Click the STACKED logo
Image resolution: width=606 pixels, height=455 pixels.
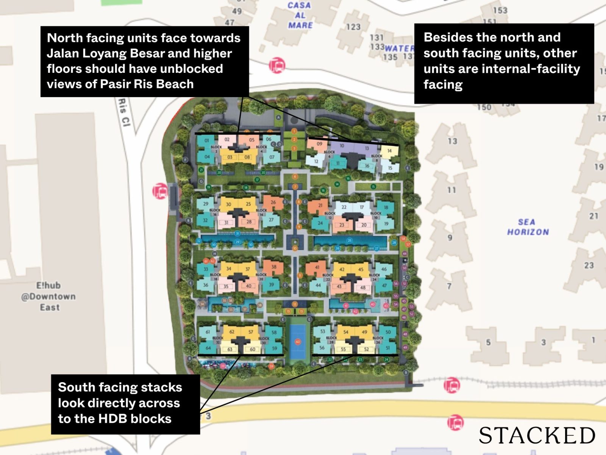pos(537,435)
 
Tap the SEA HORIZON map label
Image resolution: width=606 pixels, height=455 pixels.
pos(528,227)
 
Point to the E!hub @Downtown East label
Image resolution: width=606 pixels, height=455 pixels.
pos(48,296)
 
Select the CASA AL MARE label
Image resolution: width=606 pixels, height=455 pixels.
pos(300,16)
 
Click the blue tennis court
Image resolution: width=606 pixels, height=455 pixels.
pos(298,341)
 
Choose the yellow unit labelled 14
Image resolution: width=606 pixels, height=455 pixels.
pos(389,151)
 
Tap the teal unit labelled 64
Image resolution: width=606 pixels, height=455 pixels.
pos(208,348)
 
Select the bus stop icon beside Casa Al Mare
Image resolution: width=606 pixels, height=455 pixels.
pos(277,66)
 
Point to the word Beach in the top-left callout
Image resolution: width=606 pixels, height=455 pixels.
pos(176,84)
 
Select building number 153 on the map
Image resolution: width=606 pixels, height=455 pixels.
pos(500,10)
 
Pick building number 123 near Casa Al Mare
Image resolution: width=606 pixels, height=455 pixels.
pos(353,27)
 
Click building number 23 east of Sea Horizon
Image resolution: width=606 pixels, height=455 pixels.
pos(589,265)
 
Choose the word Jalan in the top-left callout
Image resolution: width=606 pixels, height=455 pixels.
pos(63,53)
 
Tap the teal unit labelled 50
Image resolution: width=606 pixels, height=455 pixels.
pos(388,332)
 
